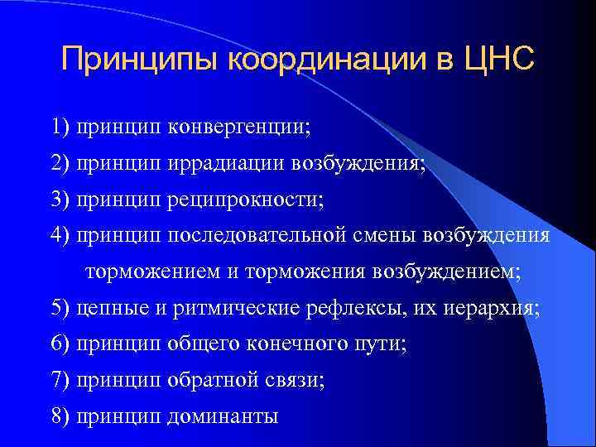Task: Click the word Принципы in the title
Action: (x=140, y=60)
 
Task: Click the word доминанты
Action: (x=223, y=416)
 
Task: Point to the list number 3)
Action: (x=60, y=200)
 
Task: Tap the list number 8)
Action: (x=60, y=416)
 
